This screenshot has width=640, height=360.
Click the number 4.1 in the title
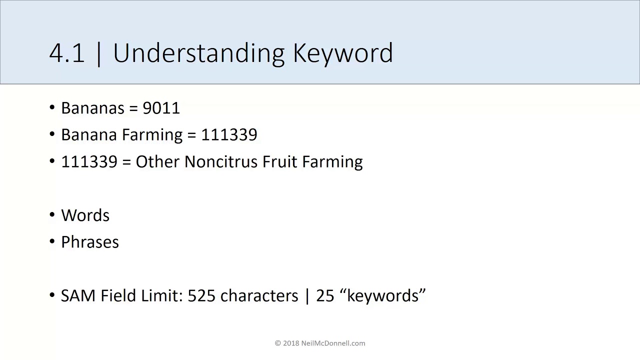(67, 53)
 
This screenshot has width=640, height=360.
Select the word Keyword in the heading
(343, 53)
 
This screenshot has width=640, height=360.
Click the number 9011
(161, 108)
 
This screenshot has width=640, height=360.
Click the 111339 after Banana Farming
(229, 135)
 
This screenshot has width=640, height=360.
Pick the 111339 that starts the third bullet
(89, 162)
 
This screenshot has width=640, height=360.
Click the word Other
(158, 162)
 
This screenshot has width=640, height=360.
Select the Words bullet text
(85, 215)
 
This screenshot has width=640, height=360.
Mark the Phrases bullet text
(90, 242)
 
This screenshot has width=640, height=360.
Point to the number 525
(201, 296)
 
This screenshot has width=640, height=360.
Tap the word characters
(259, 296)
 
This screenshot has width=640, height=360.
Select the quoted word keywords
(382, 296)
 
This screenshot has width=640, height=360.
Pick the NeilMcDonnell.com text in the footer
(333, 343)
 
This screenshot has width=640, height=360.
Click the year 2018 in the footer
(291, 343)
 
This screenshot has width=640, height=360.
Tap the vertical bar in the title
(98, 53)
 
